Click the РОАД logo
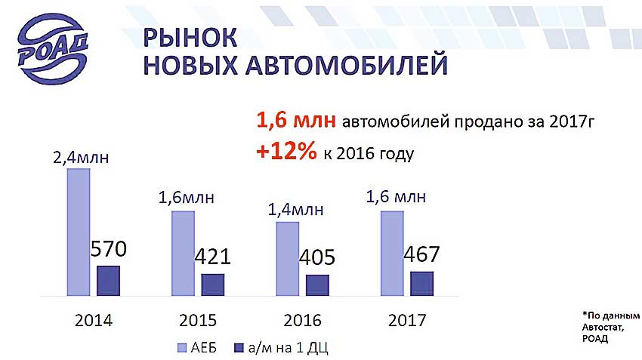[53, 48]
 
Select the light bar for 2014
[79, 232]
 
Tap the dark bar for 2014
[109, 281]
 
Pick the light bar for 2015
[183, 254]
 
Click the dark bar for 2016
[317, 285]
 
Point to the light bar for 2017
[392, 254]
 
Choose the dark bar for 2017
[421, 284]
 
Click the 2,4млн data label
[81, 158]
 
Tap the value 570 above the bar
[109, 249]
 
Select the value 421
[212, 257]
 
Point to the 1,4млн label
[295, 210]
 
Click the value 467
[421, 254]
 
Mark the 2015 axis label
[198, 320]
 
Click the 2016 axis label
[303, 320]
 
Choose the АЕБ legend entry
[197, 348]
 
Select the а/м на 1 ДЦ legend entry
[281, 348]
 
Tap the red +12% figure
[286, 152]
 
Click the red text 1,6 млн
[296, 120]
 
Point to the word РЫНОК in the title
[190, 38]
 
